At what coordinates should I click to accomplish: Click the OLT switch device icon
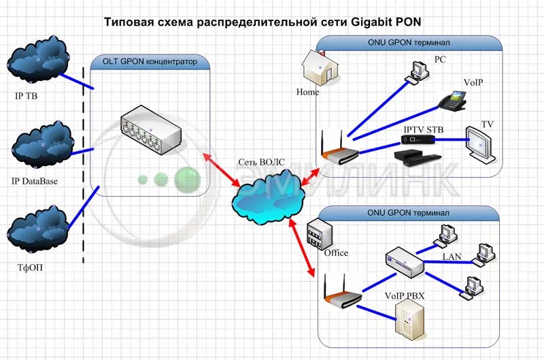[152, 131]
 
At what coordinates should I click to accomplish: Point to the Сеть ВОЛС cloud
[266, 197]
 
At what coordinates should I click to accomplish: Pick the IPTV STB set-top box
[416, 141]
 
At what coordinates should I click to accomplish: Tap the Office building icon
[318, 236]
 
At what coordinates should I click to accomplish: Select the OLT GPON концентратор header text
[150, 62]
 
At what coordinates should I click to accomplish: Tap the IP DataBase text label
[35, 182]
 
